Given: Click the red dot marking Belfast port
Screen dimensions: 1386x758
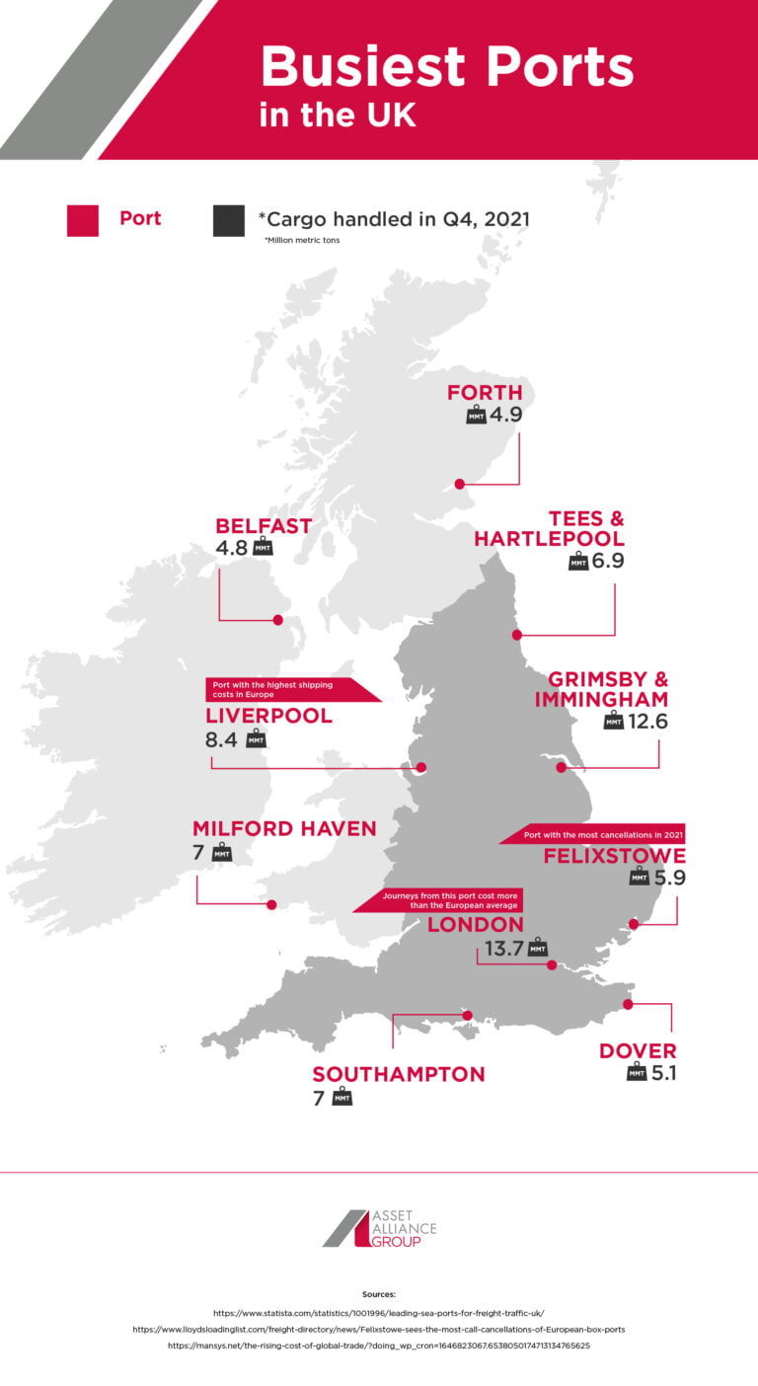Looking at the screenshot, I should (x=278, y=620).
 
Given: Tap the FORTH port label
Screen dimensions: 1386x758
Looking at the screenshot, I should (x=484, y=392).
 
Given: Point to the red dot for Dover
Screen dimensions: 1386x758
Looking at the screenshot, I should (x=628, y=1004).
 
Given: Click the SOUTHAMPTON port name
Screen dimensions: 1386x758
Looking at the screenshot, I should (x=399, y=1074).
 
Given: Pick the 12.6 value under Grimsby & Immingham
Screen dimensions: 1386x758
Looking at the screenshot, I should (x=647, y=722).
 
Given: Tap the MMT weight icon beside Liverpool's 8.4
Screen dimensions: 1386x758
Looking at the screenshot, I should (x=256, y=738).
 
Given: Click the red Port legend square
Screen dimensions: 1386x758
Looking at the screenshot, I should (x=83, y=220).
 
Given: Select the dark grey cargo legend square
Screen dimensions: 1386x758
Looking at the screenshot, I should (x=228, y=220).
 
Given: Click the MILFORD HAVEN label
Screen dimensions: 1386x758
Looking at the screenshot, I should (x=284, y=828).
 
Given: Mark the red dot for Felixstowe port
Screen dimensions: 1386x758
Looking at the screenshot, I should (x=635, y=925).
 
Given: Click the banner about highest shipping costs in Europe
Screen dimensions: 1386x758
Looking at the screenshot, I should (x=286, y=690).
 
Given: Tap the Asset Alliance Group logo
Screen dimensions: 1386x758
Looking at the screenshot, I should (x=379, y=1227).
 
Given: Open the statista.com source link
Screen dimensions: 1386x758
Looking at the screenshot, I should (x=378, y=1312).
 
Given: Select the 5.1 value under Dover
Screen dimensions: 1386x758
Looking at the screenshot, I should (x=663, y=1073).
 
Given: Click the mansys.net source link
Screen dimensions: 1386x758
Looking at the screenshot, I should (x=378, y=1345).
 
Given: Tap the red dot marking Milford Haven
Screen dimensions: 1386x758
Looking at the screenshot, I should (x=272, y=903).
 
